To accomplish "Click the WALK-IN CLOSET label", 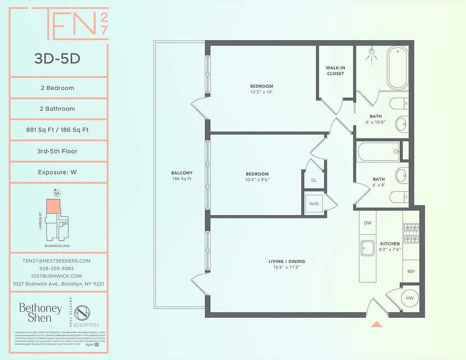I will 335,71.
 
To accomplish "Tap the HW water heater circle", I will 410,298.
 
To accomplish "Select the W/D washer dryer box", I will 314,203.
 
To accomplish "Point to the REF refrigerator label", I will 411,271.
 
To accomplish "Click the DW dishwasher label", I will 367,223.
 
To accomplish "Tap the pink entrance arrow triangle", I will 376,324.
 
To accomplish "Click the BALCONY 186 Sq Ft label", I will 182,175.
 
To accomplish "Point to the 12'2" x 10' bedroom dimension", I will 262,92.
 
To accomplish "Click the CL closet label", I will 314,180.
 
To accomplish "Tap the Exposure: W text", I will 57,172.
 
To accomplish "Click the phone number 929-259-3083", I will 57,268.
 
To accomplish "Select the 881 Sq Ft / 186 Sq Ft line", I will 57,130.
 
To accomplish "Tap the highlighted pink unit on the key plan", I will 53,206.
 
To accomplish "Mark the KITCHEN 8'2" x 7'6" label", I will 389,247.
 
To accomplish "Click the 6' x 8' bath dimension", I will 379,184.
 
